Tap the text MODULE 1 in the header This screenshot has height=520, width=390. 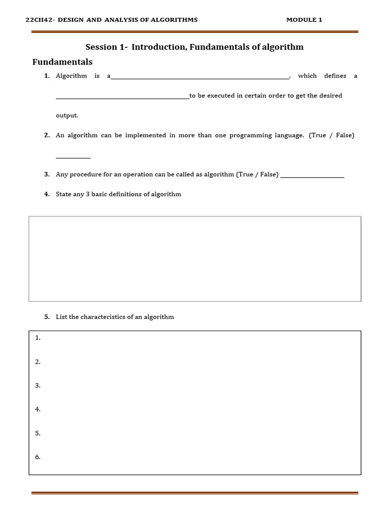coord(304,20)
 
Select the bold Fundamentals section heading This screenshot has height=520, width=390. coord(62,62)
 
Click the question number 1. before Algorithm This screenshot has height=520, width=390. coord(47,76)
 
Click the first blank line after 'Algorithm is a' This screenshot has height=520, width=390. coord(200,78)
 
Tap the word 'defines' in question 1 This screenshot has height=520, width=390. coord(335,76)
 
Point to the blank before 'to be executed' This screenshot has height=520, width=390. coord(122,97)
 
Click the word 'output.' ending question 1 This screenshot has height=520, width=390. coord(67,115)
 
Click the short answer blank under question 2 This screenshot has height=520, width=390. coord(73,157)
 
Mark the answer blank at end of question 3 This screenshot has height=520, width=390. coord(312,176)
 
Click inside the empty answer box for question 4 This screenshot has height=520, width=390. coord(195,258)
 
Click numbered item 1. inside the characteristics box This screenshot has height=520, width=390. coord(38,338)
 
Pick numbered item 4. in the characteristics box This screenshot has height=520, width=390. coord(38,409)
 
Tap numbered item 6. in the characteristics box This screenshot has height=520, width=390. coord(38,457)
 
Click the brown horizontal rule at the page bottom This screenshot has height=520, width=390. coord(195,493)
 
